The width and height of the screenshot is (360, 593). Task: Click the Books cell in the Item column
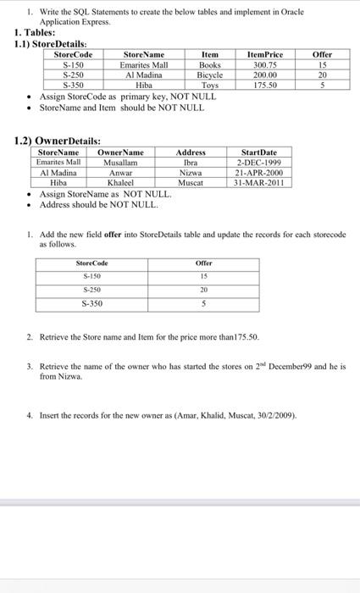click(x=209, y=64)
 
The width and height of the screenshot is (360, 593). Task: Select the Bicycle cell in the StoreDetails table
click(x=209, y=75)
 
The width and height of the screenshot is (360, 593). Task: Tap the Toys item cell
click(x=209, y=85)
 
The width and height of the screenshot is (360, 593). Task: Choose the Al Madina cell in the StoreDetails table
click(x=144, y=75)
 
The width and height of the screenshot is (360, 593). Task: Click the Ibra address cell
click(x=191, y=162)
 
